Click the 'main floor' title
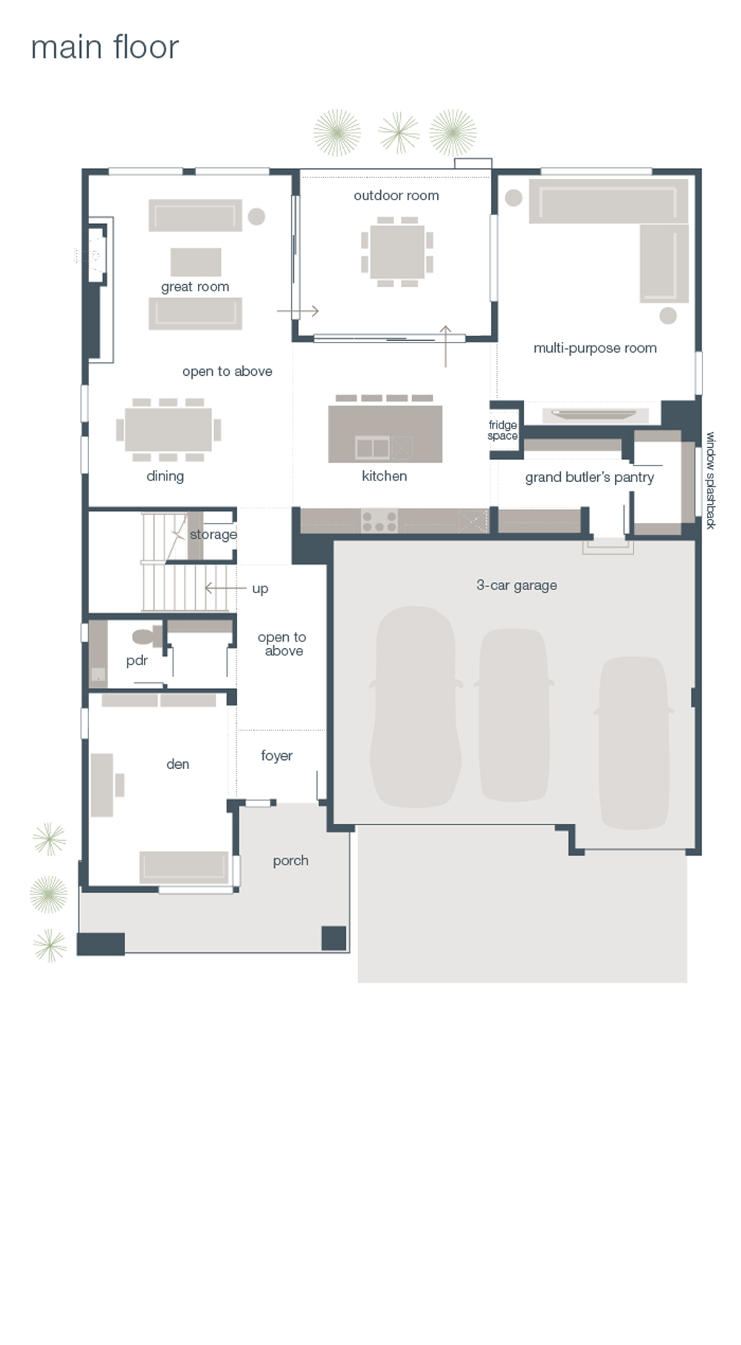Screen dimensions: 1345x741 pos(104,47)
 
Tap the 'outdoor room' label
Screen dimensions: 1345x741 pos(396,196)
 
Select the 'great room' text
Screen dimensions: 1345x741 pos(195,287)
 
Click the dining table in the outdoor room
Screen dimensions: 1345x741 pos(397,251)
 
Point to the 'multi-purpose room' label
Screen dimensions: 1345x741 pos(594,348)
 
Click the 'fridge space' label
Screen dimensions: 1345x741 pos(502,430)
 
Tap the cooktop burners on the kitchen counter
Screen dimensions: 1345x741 pos(379,521)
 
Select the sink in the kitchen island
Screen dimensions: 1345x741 pos(372,448)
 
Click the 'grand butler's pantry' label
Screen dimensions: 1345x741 pos(589,477)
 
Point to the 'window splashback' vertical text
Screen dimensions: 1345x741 pos(710,480)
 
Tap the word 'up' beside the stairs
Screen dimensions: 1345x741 pos(259,589)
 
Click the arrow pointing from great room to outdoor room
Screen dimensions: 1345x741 pos(298,311)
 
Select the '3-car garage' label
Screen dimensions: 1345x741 pos(516,585)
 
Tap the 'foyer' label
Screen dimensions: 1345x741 pos(276,756)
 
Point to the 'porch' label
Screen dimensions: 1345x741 pos(290,861)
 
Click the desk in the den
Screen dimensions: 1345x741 pos(102,785)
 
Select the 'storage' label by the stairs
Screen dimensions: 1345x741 pos(213,535)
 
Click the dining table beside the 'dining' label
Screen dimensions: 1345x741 pos(168,429)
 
